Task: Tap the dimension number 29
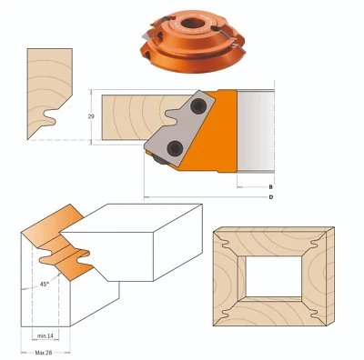tap(92, 118)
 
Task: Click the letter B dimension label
tap(271, 186)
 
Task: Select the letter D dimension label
tap(271, 197)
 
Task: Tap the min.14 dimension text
tap(46, 336)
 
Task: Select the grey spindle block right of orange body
tap(257, 133)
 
